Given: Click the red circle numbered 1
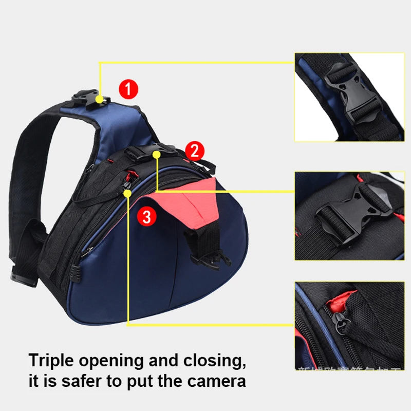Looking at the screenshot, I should click(128, 90).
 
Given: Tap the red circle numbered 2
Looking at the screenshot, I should click(194, 151).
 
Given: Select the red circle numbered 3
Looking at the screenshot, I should click(146, 217).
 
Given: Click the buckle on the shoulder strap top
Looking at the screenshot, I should click(88, 99).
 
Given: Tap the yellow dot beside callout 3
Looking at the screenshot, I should click(127, 193).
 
